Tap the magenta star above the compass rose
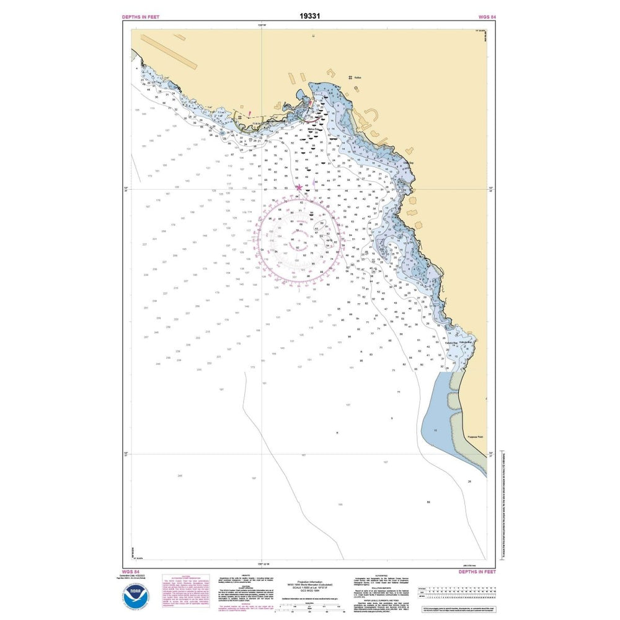coord(300,187)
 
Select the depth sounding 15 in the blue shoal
coord(436,430)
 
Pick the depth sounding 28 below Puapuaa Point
coord(469,481)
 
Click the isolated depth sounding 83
coord(428,502)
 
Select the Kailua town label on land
coord(357,77)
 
